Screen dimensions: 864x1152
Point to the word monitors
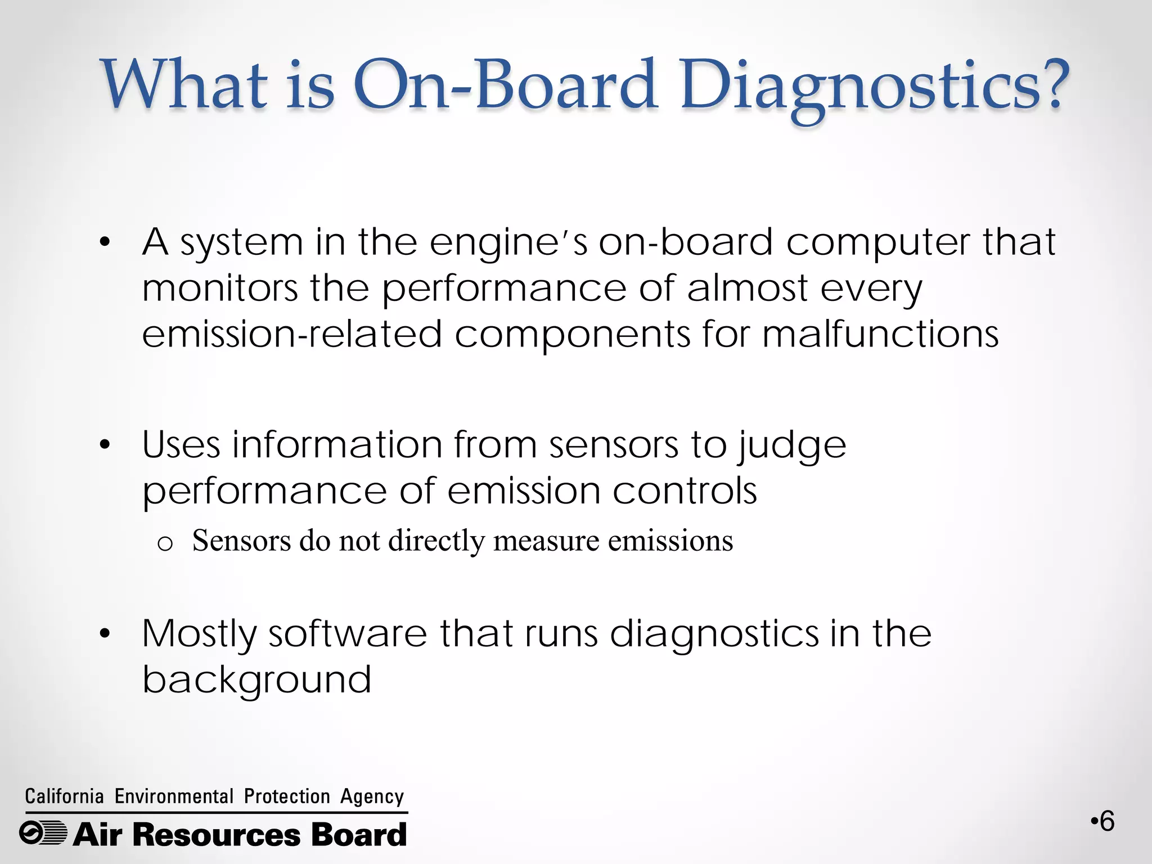[x=219, y=289]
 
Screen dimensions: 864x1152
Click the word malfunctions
[x=880, y=334]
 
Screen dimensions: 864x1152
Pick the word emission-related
[x=292, y=334]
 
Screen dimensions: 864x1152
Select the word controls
[x=685, y=491]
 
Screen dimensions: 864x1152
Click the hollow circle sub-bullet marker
[x=165, y=543]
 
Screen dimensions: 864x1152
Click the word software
[x=348, y=634]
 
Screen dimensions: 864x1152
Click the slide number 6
[x=1106, y=822]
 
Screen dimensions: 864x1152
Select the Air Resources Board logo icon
[x=43, y=833]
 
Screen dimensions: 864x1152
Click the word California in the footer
[x=64, y=796]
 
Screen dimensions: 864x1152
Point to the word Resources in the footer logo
[x=217, y=834]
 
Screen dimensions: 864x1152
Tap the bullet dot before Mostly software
[x=104, y=634]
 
